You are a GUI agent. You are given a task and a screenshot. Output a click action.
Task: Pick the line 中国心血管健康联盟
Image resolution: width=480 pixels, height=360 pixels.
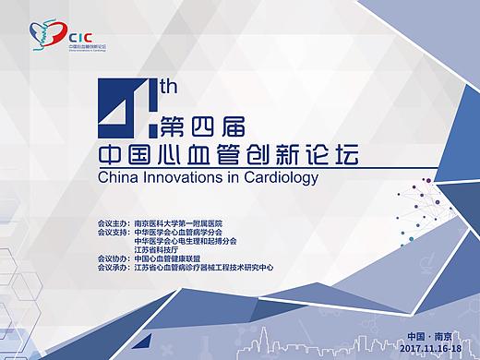coord(171,259)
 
